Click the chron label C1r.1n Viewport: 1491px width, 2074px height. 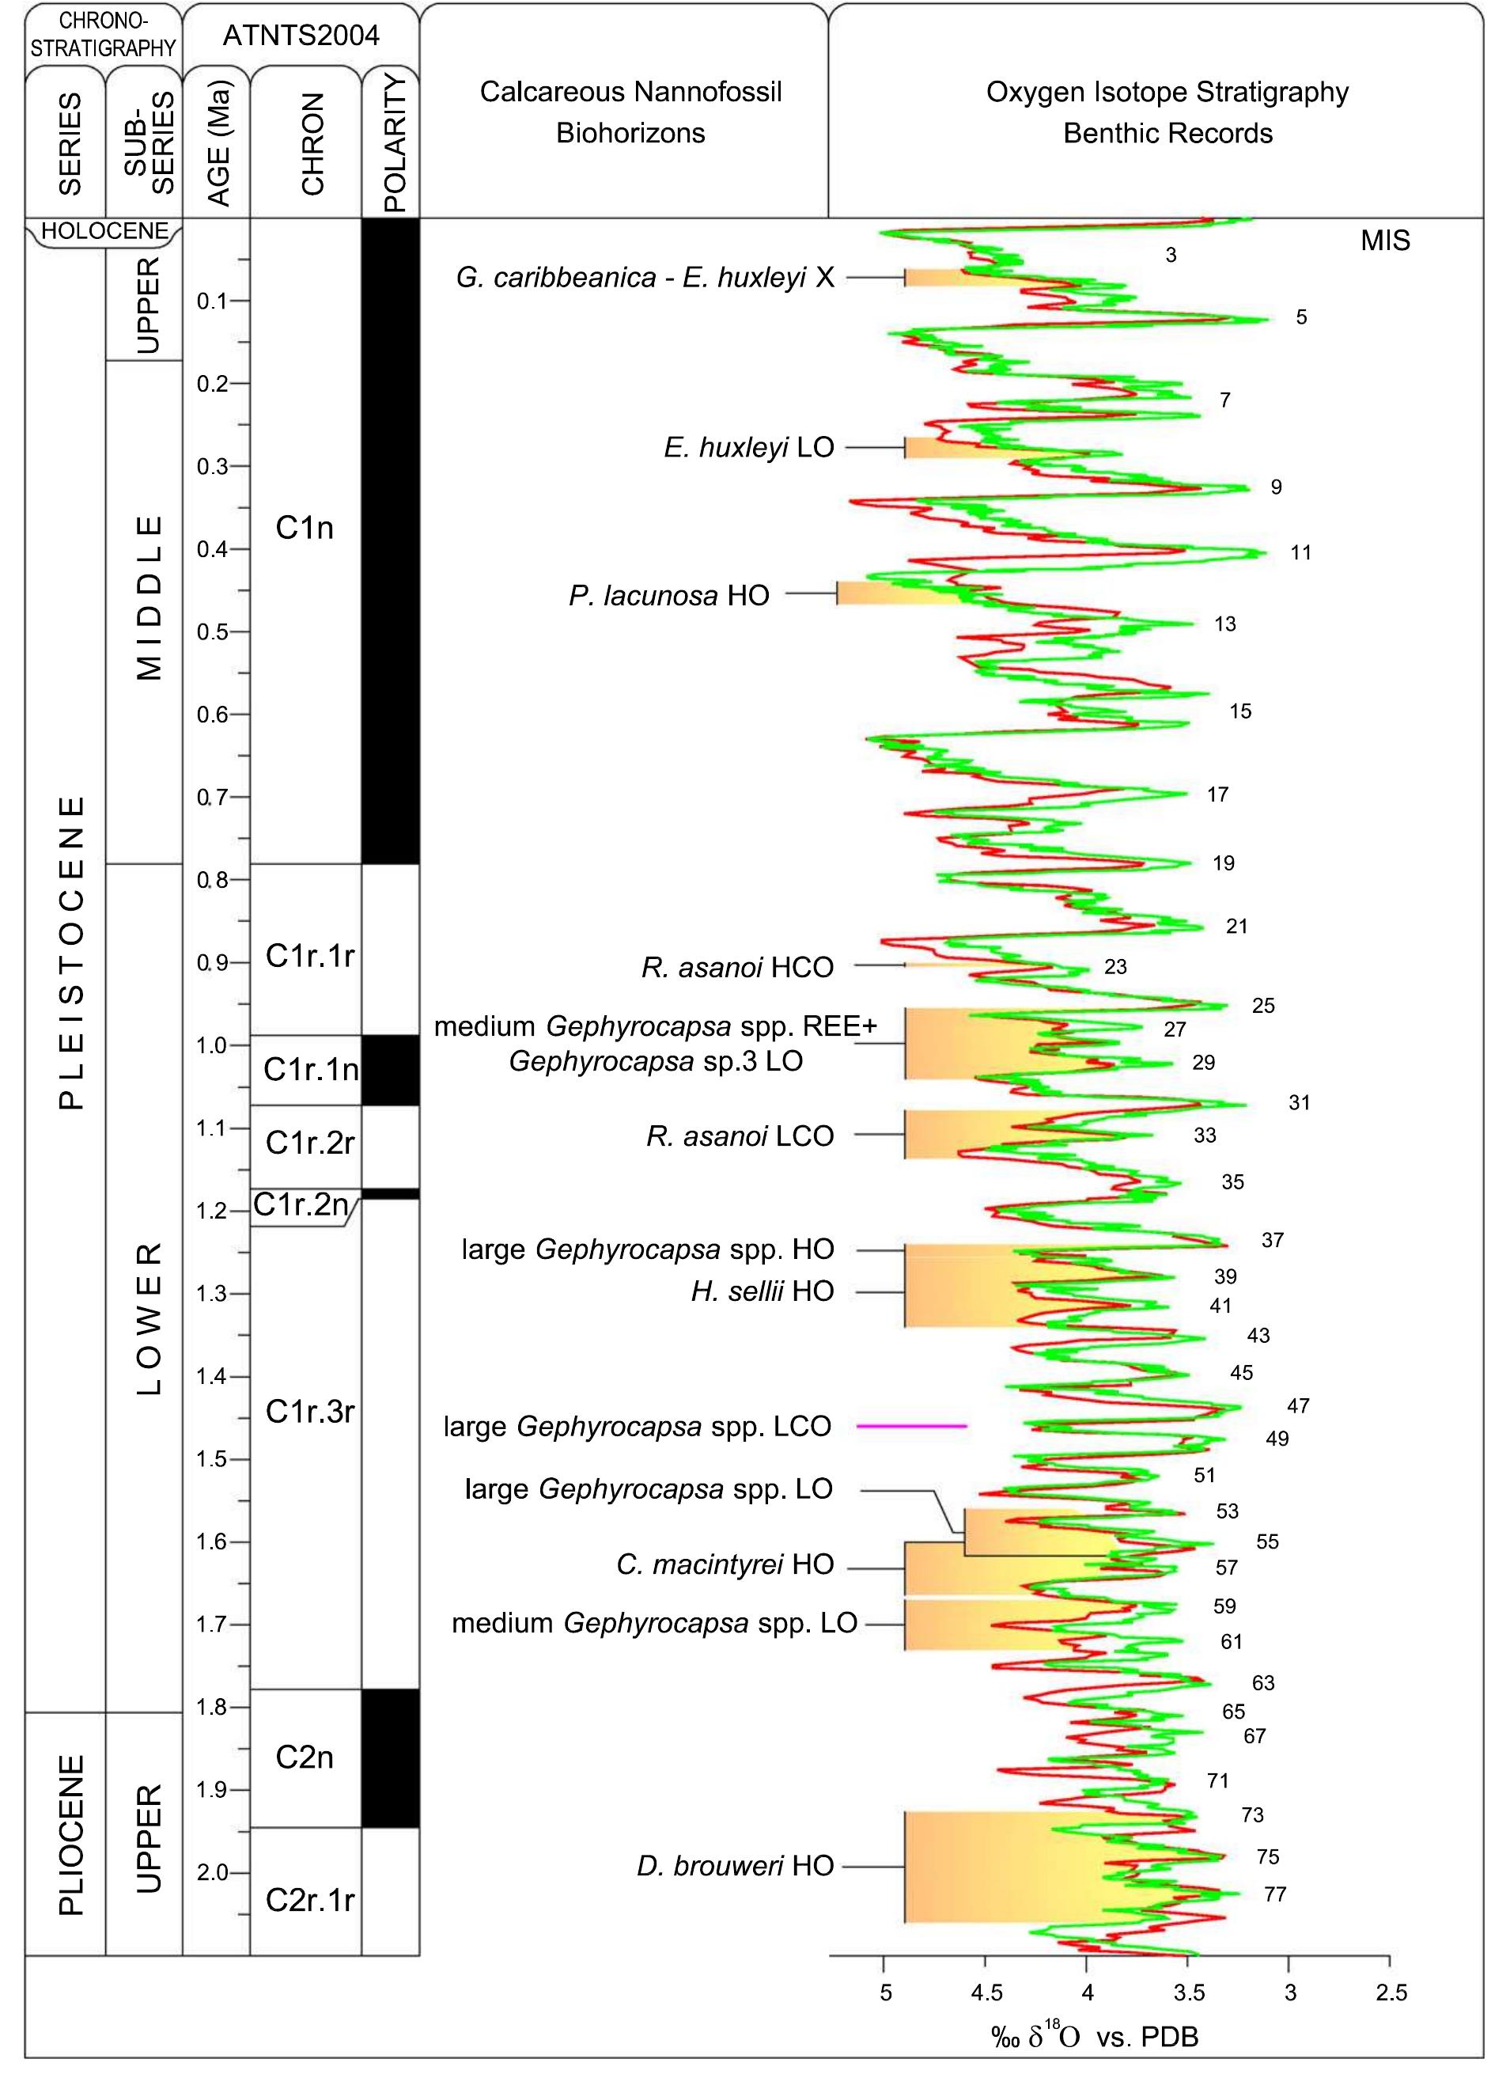click(310, 1069)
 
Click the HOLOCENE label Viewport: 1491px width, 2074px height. click(105, 230)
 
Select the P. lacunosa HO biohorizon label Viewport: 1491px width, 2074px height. click(668, 596)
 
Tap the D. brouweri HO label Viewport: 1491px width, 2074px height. click(735, 1866)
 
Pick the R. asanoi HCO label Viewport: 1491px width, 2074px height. click(737, 968)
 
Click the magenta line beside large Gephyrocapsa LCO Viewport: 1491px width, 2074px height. click(911, 1426)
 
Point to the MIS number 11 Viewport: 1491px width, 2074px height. click(1300, 552)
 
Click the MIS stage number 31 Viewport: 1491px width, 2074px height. click(1299, 1103)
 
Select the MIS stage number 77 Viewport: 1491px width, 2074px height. click(1274, 1894)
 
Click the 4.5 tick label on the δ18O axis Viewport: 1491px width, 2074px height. click(986, 1992)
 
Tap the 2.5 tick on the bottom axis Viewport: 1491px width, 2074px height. click(1391, 1992)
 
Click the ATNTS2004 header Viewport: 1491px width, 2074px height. click(301, 36)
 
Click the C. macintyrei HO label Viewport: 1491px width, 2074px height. click(725, 1564)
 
